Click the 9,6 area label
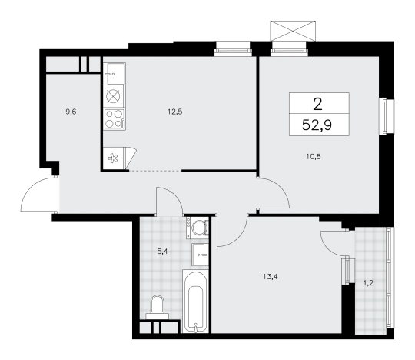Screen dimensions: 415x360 (71, 112)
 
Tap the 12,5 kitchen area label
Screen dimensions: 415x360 (175, 112)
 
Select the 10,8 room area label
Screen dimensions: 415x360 (314, 157)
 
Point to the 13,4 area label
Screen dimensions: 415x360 (271, 277)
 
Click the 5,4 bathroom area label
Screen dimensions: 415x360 (162, 252)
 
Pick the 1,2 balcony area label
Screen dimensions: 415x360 (368, 283)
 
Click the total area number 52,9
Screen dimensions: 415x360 (317, 125)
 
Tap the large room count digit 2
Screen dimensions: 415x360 (317, 104)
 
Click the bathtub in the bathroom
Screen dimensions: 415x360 (196, 301)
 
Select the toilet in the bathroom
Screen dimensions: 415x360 (157, 307)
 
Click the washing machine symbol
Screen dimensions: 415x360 (198, 227)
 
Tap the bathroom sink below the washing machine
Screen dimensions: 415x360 (200, 255)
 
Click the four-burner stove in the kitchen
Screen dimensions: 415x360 (115, 118)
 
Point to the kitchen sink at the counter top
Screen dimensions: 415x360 (115, 73)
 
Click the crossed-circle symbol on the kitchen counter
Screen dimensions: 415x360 (113, 96)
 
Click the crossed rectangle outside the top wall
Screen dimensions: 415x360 (293, 31)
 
